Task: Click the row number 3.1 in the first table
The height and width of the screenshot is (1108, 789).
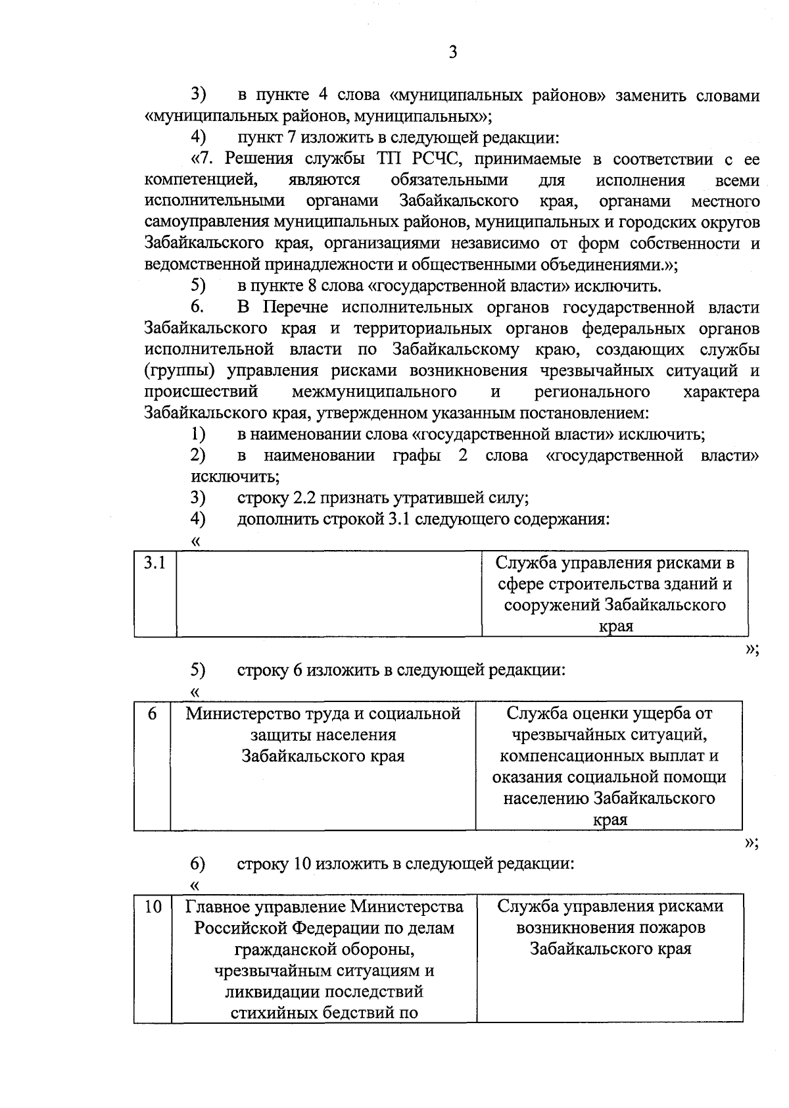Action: (155, 563)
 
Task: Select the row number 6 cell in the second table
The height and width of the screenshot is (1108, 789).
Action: (152, 714)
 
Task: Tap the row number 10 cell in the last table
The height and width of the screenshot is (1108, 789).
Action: (153, 907)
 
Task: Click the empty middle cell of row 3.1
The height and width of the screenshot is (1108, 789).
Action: (329, 593)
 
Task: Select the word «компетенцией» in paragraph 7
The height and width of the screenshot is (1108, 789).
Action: (199, 180)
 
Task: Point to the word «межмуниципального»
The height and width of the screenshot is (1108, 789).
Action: (374, 392)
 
